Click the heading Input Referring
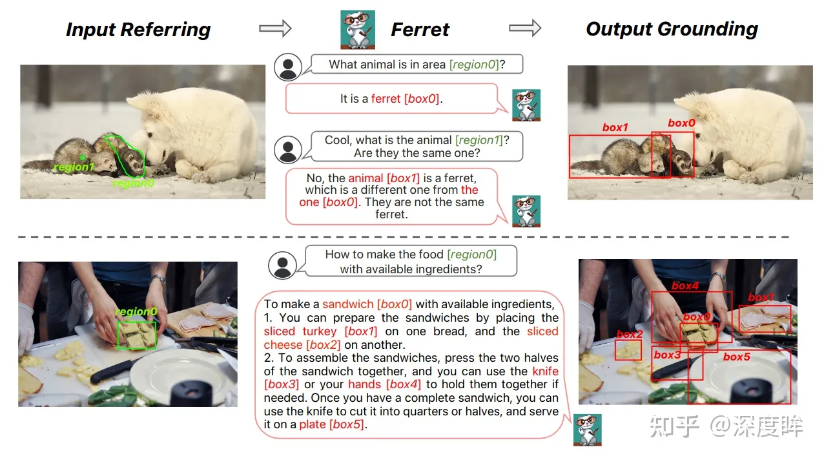pyautogui.click(x=138, y=30)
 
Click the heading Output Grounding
pyautogui.click(x=672, y=29)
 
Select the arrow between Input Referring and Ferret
pyautogui.click(x=275, y=28)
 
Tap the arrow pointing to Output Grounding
pyautogui.click(x=525, y=28)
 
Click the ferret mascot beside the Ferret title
pyautogui.click(x=358, y=30)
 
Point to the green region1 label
pyautogui.click(x=74, y=167)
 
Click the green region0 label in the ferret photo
pyautogui.click(x=133, y=183)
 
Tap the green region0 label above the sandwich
pyautogui.click(x=136, y=311)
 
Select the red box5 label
pyautogui.click(x=736, y=357)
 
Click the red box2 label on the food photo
pyautogui.click(x=630, y=334)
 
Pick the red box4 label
pyautogui.click(x=685, y=286)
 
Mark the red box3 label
pyautogui.click(x=667, y=355)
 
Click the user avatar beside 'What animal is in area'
pyautogui.click(x=287, y=67)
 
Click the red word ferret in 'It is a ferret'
pyautogui.click(x=386, y=99)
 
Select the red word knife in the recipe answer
pyautogui.click(x=545, y=371)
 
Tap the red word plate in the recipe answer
pyautogui.click(x=313, y=424)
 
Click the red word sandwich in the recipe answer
pyautogui.click(x=347, y=304)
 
